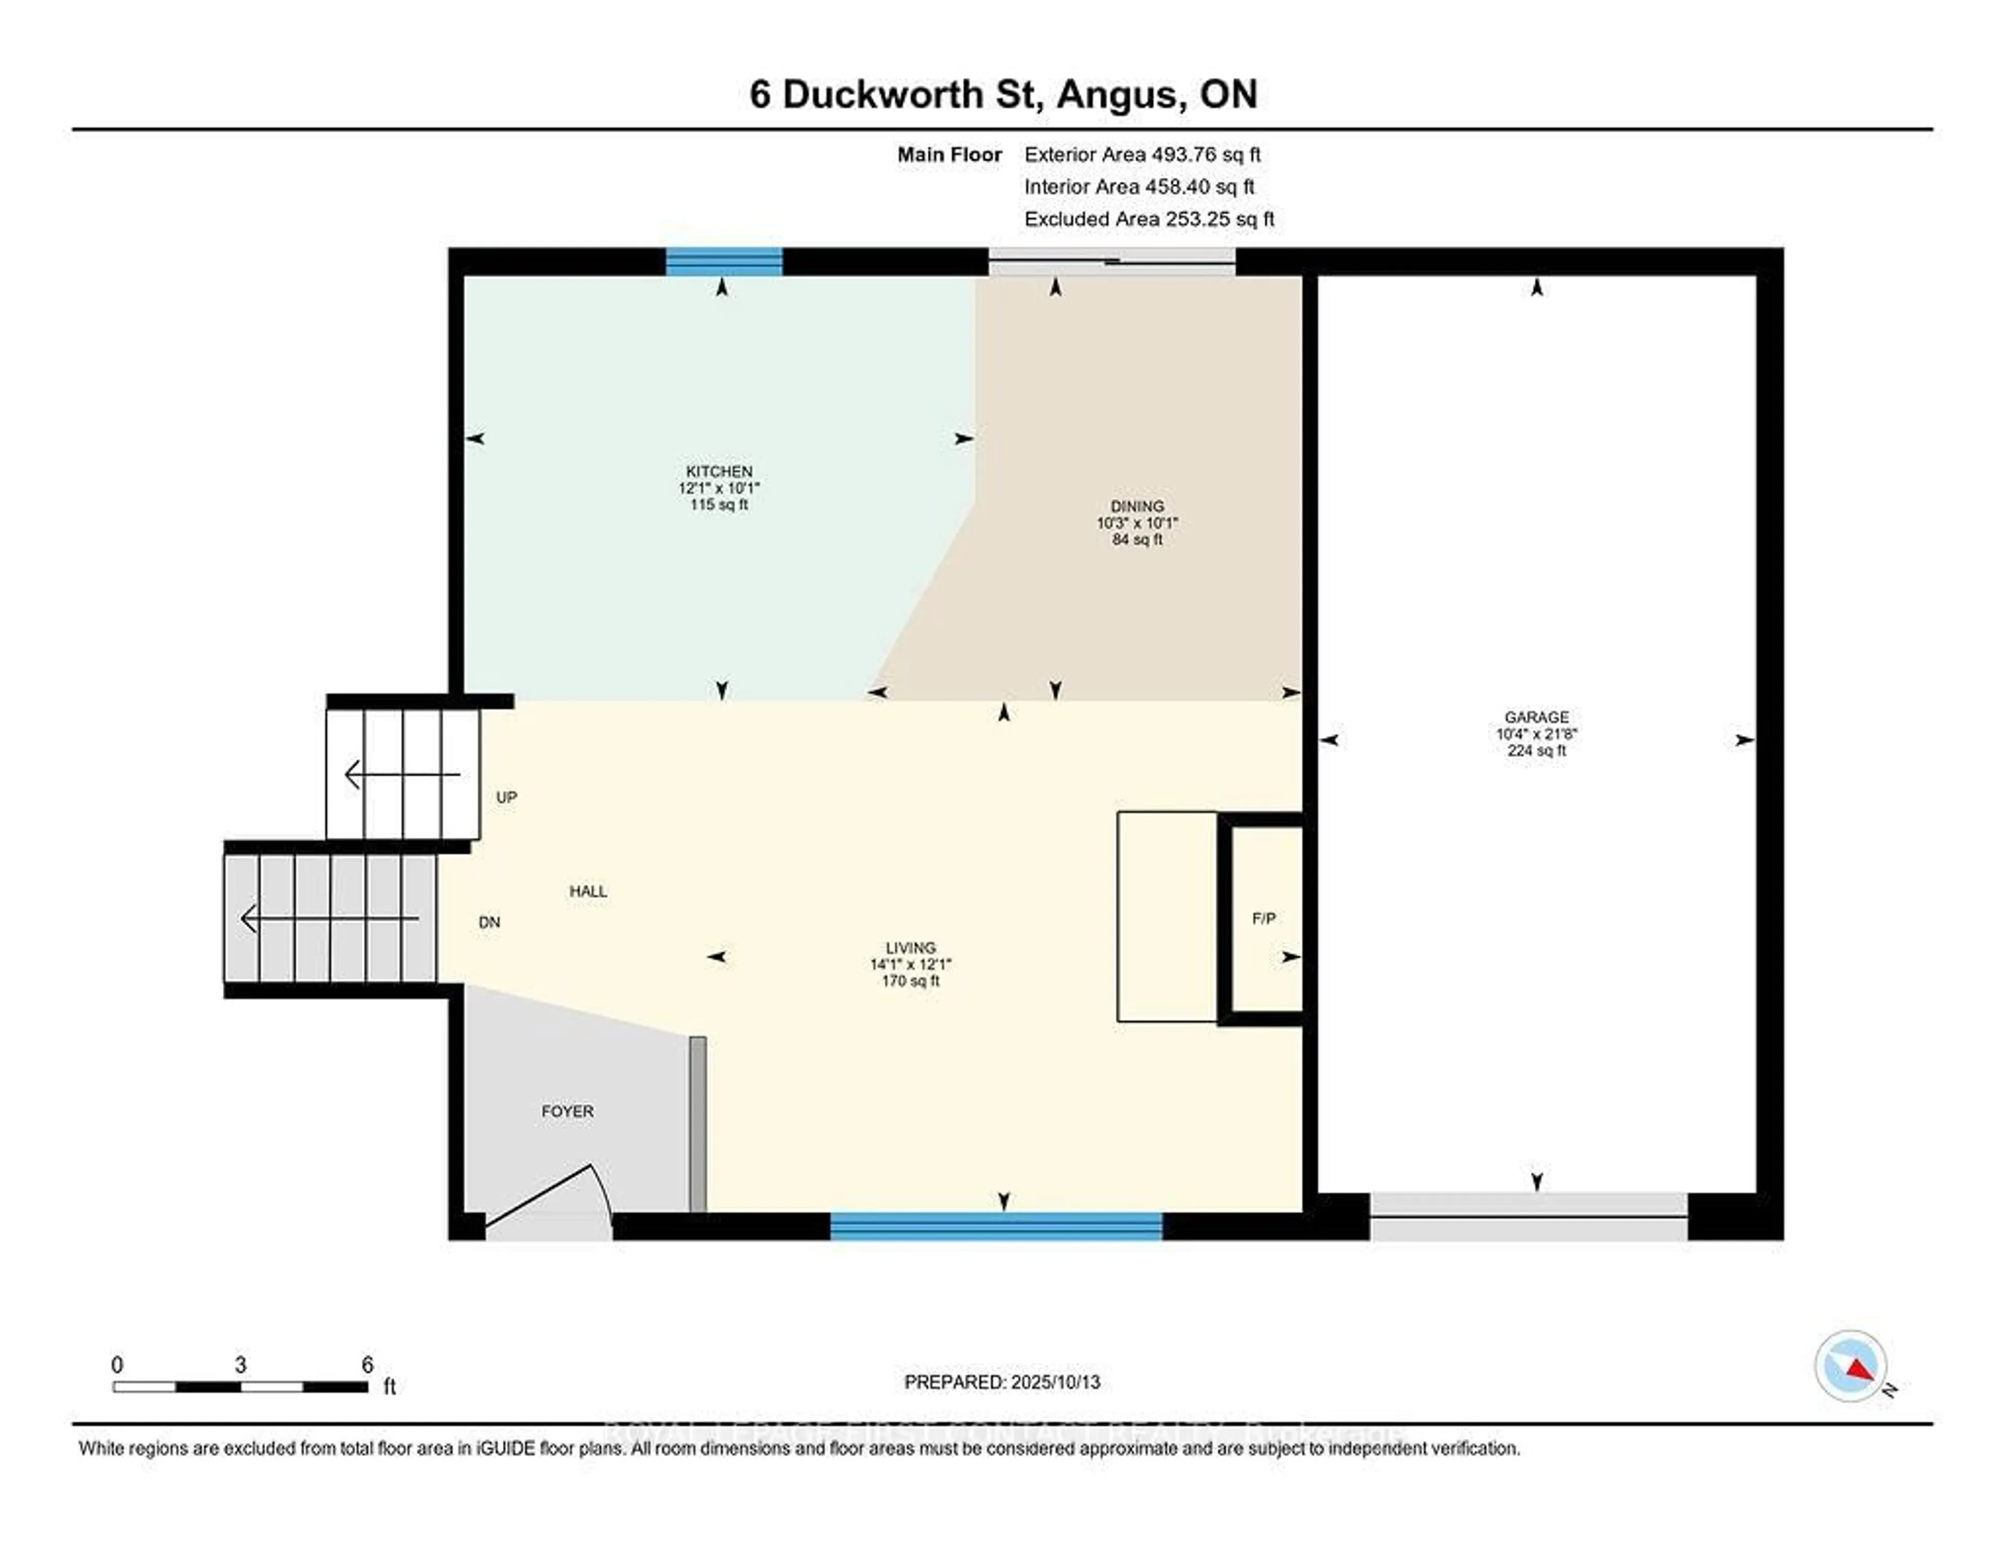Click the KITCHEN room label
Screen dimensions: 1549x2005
(x=719, y=471)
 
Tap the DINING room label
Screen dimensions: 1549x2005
(x=1137, y=506)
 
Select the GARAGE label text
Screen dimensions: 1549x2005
(x=1536, y=717)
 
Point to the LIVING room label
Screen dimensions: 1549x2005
(x=910, y=947)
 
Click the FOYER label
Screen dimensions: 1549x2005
(x=568, y=1111)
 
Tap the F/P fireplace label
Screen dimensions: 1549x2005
(x=1263, y=918)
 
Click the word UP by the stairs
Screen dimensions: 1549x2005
(x=506, y=797)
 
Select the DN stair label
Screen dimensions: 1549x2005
(x=489, y=922)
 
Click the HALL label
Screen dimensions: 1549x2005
(x=587, y=890)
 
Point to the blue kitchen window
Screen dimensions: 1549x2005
(x=723, y=262)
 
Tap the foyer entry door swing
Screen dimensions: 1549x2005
(x=551, y=1198)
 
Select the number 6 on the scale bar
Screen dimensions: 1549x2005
(x=367, y=1365)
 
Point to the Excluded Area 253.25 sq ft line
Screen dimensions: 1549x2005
(x=1149, y=218)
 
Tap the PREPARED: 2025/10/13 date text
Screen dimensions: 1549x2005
(x=1001, y=1382)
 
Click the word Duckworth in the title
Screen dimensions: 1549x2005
(x=882, y=95)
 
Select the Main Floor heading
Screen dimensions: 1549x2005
(x=949, y=154)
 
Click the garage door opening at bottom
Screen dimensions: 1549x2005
(x=1528, y=1217)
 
